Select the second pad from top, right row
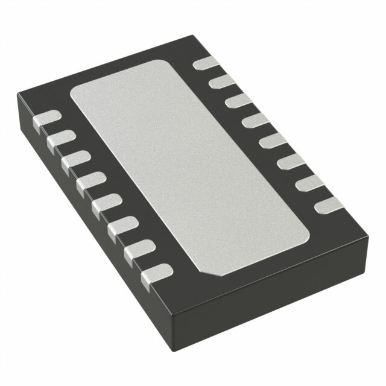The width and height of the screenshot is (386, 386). click(x=222, y=81)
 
